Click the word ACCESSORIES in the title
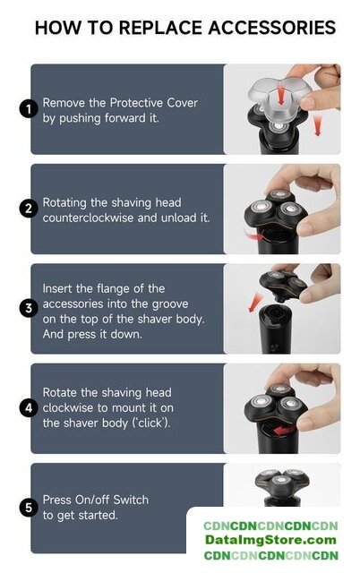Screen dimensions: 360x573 pos(272,28)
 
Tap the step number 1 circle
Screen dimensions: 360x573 pos(29,109)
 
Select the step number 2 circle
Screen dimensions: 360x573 pos(29,209)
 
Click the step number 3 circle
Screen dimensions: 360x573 pos(29,308)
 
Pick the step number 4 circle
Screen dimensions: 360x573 pos(29,408)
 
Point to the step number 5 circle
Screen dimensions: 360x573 pos(29,508)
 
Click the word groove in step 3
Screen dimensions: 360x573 pos(170,304)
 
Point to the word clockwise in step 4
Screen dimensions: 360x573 pos(68,407)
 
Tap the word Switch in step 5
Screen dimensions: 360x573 pos(131,500)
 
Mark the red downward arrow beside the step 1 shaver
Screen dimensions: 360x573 pos(318,125)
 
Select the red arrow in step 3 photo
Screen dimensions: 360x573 pos(255,303)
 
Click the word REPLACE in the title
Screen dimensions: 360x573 pos(161,28)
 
